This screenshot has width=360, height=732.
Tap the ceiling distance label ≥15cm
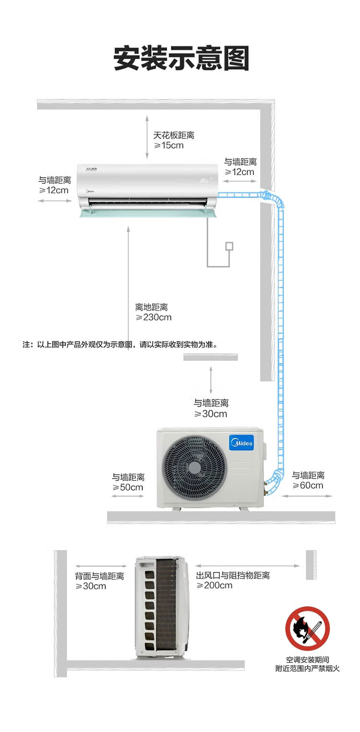click(x=169, y=145)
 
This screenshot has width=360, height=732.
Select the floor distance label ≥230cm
click(x=154, y=317)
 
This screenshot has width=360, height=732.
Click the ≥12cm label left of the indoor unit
click(x=54, y=190)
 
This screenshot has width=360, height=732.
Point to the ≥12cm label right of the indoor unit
click(x=240, y=172)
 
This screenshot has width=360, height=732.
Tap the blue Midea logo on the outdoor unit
click(x=241, y=443)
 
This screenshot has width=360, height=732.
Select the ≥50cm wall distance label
click(x=128, y=487)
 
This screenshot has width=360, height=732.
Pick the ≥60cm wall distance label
click(x=308, y=485)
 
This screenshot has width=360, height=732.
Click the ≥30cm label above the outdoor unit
click(x=211, y=414)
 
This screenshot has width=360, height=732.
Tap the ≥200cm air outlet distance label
click(x=214, y=585)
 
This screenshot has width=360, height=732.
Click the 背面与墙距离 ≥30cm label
click(x=99, y=581)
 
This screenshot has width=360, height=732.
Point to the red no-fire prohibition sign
click(x=307, y=628)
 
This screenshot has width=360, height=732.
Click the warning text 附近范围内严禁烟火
click(x=307, y=668)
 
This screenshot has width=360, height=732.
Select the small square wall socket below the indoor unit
click(x=229, y=246)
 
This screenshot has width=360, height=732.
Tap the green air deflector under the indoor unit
click(x=148, y=214)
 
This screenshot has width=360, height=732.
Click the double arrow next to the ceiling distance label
click(x=147, y=137)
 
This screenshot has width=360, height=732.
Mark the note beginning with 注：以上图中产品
click(x=120, y=345)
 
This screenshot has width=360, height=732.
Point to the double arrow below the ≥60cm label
click(x=307, y=496)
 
